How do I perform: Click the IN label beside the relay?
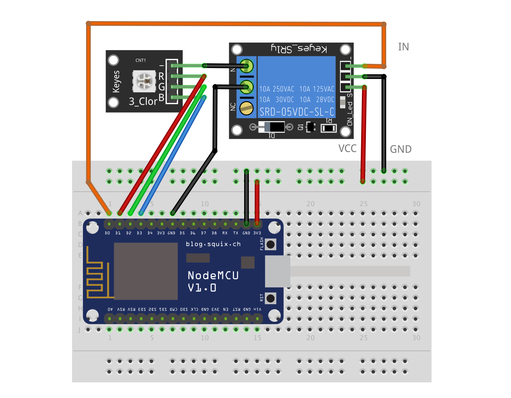pyautogui.click(x=403, y=47)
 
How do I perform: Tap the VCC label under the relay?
pyautogui.click(x=347, y=149)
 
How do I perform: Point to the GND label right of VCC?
pyautogui.click(x=401, y=149)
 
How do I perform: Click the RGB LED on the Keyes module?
pyautogui.click(x=144, y=81)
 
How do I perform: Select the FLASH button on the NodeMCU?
pyautogui.click(x=270, y=245)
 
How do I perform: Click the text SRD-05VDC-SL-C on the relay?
pyautogui.click(x=297, y=112)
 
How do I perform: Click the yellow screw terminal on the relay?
pyautogui.click(x=247, y=108)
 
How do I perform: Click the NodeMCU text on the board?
pyautogui.click(x=213, y=276)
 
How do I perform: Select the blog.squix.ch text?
pyautogui.click(x=213, y=244)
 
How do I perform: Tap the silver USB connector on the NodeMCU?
pyautogui.click(x=278, y=271)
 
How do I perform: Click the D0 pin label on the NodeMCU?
pyautogui.click(x=108, y=233)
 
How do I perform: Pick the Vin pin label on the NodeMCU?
pyautogui.click(x=257, y=309)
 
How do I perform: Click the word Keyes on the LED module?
pyautogui.click(x=116, y=82)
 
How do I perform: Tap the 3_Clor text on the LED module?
pyautogui.click(x=143, y=102)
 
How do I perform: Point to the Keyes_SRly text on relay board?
pyautogui.click(x=299, y=48)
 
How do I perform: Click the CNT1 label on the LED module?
pyautogui.click(x=140, y=61)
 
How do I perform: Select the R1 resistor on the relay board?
pyautogui.click(x=329, y=128)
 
